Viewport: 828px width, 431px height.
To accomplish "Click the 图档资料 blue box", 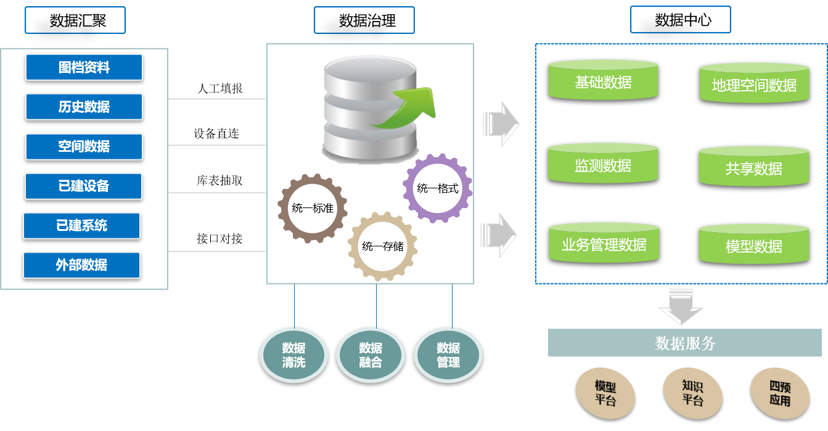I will (84, 67).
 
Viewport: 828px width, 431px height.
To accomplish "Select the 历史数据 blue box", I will (84, 107).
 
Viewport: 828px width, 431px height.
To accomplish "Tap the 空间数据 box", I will (84, 146).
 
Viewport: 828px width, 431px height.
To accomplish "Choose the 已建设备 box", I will (83, 186).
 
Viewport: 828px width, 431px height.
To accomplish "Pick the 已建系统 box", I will (81, 225).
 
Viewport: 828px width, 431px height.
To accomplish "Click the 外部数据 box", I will (81, 265).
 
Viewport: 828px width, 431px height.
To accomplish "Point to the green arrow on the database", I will (407, 108).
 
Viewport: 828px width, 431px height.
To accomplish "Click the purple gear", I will (438, 188).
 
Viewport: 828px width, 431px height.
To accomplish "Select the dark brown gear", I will (312, 207).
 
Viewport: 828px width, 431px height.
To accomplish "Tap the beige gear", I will (382, 246).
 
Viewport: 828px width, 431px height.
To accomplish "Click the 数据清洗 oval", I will (293, 355).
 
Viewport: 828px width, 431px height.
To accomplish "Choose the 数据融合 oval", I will (371, 355).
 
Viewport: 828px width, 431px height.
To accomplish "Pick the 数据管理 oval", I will (448, 355).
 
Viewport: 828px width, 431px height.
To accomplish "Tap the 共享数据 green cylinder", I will (753, 167).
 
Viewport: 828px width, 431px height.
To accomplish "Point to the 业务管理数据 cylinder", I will (604, 244).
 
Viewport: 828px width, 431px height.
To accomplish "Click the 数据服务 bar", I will (684, 343).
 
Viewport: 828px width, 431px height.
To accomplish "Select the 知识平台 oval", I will (692, 393).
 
